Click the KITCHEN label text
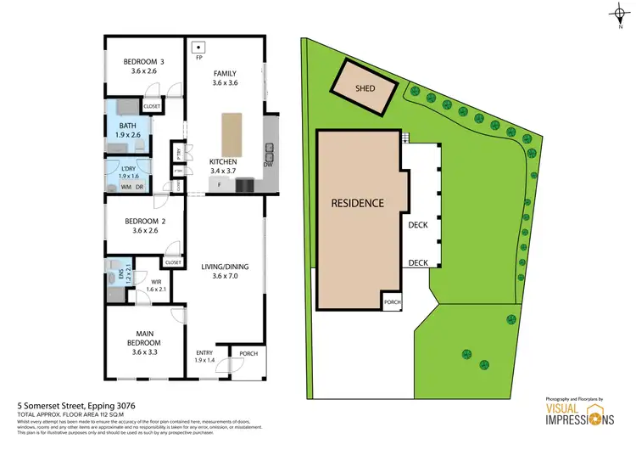[224, 161]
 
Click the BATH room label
[127, 126]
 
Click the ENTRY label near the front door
[204, 352]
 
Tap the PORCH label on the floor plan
[249, 352]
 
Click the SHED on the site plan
[364, 87]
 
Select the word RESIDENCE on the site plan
[357, 204]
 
